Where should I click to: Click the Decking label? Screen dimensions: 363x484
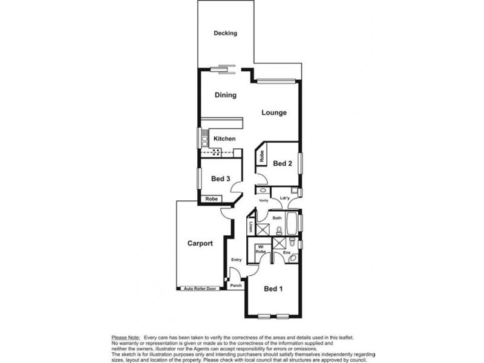click(x=225, y=33)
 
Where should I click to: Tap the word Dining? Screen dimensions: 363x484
click(x=225, y=95)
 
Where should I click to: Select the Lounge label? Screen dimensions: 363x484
click(x=273, y=113)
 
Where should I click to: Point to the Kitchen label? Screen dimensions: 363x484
click(x=224, y=139)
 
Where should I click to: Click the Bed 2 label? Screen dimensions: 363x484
click(x=283, y=163)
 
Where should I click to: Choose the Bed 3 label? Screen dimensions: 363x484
click(x=220, y=178)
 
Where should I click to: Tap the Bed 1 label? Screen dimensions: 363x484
click(x=273, y=289)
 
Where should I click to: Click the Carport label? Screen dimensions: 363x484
click(x=200, y=244)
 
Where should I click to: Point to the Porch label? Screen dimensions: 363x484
click(x=235, y=286)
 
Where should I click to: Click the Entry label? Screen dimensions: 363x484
click(x=236, y=260)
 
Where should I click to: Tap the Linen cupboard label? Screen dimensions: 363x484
click(x=250, y=227)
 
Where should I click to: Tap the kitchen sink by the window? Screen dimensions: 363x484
click(x=205, y=141)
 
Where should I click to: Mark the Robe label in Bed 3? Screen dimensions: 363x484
click(x=211, y=198)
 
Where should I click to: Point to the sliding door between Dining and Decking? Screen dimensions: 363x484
click(x=224, y=68)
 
